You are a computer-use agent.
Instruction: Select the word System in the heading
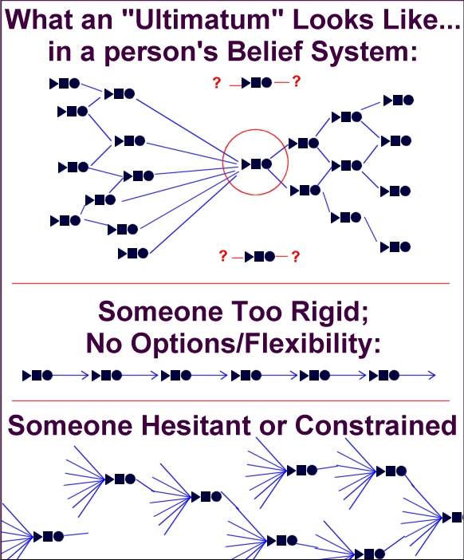click(364, 52)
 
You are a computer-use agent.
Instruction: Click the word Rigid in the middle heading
click(329, 312)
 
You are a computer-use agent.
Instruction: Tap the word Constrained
click(376, 425)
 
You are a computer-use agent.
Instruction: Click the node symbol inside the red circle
click(257, 164)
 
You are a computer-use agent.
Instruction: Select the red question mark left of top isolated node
click(217, 83)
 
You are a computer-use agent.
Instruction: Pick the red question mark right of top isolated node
click(297, 82)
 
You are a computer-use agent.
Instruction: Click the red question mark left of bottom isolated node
click(222, 256)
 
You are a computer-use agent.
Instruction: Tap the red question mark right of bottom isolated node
click(295, 257)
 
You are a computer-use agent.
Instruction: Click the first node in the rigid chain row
click(37, 376)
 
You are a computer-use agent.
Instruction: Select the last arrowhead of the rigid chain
click(432, 376)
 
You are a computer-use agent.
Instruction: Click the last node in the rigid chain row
click(384, 376)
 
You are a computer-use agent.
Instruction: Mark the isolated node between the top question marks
click(257, 83)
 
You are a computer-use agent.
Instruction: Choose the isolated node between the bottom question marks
click(260, 256)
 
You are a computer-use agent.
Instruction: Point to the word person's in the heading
click(161, 52)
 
